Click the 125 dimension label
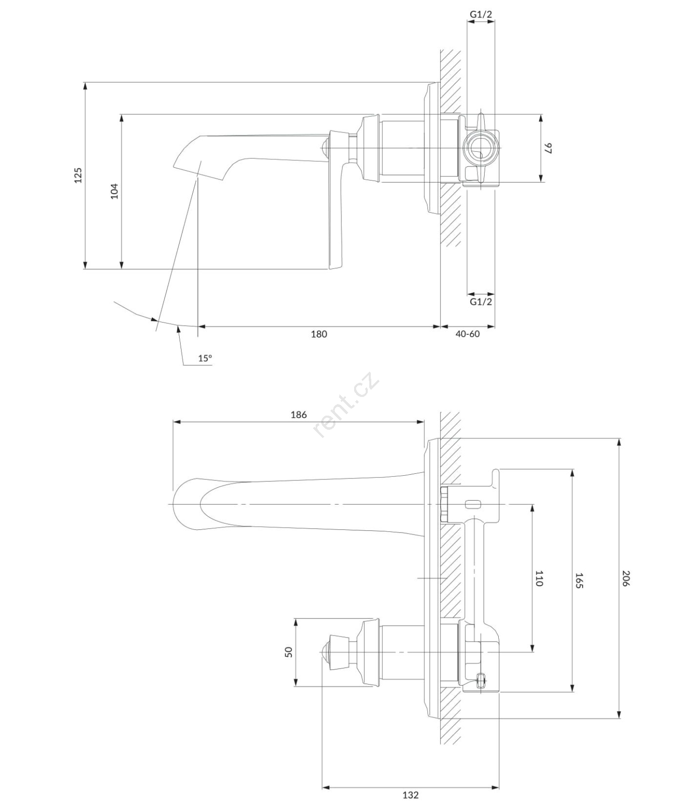pyautogui.click(x=78, y=175)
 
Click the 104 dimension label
pyautogui.click(x=114, y=191)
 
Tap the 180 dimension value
pyautogui.click(x=319, y=334)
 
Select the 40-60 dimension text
pyautogui.click(x=467, y=334)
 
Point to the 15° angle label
pyautogui.click(x=205, y=358)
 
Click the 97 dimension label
pyautogui.click(x=548, y=148)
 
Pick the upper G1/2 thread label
pyautogui.click(x=481, y=15)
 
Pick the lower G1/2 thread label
pyautogui.click(x=481, y=302)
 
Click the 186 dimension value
pyautogui.click(x=298, y=415)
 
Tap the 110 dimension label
pyautogui.click(x=539, y=578)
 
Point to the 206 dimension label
pyautogui.click(x=626, y=578)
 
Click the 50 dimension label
pyautogui.click(x=289, y=652)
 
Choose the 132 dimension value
pyautogui.click(x=410, y=795)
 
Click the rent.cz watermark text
pyautogui.click(x=347, y=404)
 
